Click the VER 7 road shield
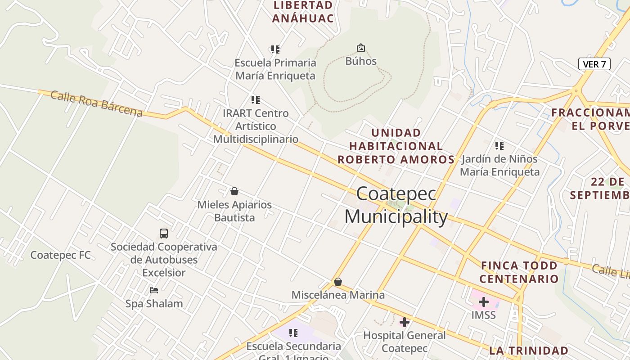pyautogui.click(x=594, y=64)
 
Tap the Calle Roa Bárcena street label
pyautogui.click(x=96, y=103)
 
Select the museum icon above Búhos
pyautogui.click(x=360, y=48)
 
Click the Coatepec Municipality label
pyautogui.click(x=396, y=205)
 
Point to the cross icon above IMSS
pyautogui.click(x=484, y=302)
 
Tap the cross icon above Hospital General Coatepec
pyautogui.click(x=405, y=322)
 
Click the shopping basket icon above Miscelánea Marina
pyautogui.click(x=338, y=282)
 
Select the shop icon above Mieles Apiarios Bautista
pyautogui.click(x=234, y=191)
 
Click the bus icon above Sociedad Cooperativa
pyautogui.click(x=164, y=234)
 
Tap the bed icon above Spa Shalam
pyautogui.click(x=154, y=290)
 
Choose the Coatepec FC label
pyautogui.click(x=60, y=255)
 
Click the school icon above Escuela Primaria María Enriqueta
pyautogui.click(x=275, y=49)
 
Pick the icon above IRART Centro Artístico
pyautogui.click(x=256, y=100)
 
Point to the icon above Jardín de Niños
pyautogui.click(x=499, y=146)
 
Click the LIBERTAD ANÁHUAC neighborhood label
pyautogui.click(x=303, y=12)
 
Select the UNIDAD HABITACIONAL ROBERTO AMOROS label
pyautogui.click(x=396, y=146)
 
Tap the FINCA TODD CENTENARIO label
pyautogui.click(x=519, y=272)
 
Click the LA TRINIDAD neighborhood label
pyautogui.click(x=528, y=351)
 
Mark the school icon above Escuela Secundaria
pyautogui.click(x=293, y=333)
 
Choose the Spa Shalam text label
pyautogui.click(x=154, y=304)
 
